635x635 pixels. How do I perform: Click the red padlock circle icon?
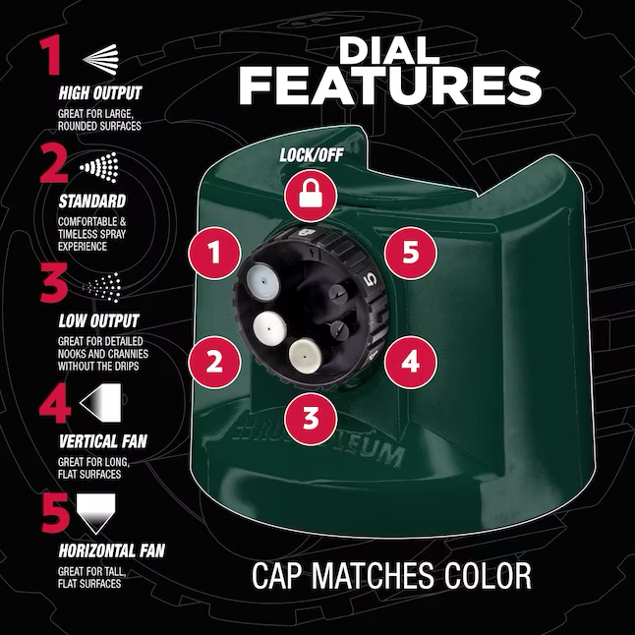point(311,196)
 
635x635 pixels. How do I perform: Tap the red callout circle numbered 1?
point(214,253)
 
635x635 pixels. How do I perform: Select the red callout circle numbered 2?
point(214,361)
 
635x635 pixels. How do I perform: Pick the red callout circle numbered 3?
point(311,418)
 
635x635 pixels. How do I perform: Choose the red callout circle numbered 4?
point(410,361)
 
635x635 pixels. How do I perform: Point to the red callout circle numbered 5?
point(410,253)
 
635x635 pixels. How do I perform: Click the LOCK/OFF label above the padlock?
point(312,155)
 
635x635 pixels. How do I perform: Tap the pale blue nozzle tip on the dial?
point(262,280)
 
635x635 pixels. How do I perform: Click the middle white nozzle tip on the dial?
point(269,327)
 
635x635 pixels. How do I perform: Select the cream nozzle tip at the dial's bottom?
point(304,357)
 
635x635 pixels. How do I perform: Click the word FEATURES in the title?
point(391,86)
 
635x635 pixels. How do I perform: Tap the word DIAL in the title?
point(389,50)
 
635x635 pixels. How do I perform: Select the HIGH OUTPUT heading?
point(100,92)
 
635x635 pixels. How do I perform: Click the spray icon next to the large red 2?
point(100,167)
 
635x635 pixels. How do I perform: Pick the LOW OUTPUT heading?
point(99,320)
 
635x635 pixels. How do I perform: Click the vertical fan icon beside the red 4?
point(100,403)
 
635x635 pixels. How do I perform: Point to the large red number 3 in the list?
point(53,282)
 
